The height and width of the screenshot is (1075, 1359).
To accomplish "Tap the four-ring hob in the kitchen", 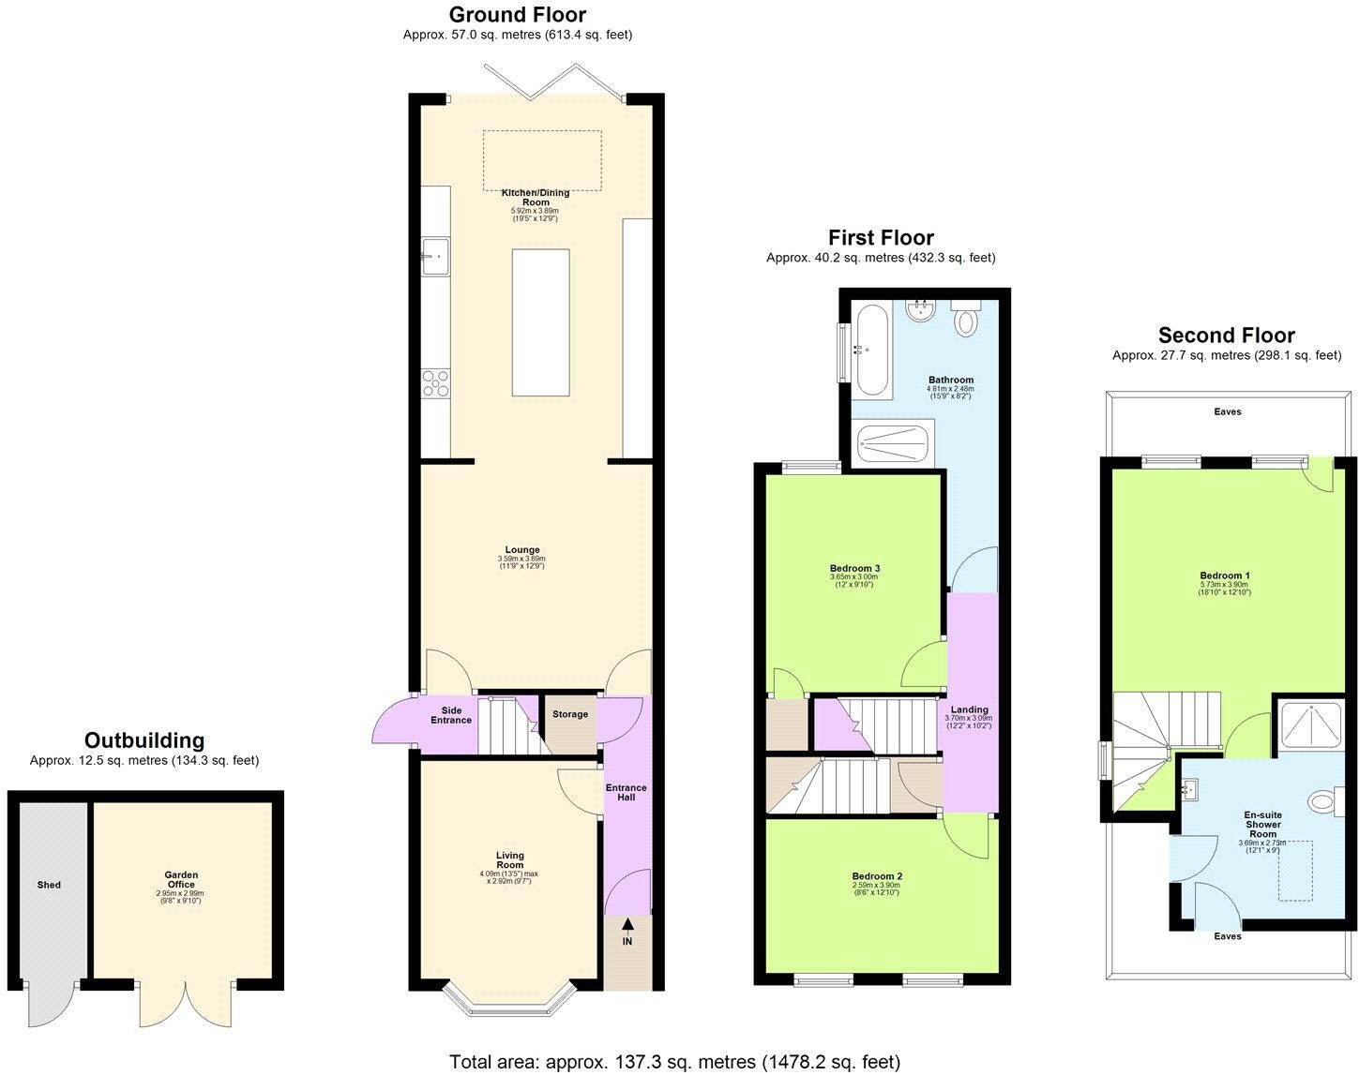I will (436, 384).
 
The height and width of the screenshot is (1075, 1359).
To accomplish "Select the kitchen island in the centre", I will (540, 322).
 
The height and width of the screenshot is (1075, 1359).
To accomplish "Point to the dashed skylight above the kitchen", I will (542, 160).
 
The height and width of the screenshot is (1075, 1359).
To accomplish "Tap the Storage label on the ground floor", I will (570, 714).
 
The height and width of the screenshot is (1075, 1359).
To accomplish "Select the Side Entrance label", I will (451, 714).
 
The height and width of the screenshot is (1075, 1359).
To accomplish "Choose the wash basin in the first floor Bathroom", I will (920, 311).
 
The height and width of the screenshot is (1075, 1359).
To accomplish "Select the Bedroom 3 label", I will (854, 568).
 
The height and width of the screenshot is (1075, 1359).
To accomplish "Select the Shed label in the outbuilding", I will (49, 885).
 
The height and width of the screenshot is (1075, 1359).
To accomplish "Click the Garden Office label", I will (181, 880).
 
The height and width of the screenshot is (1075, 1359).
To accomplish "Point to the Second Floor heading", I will (1226, 336).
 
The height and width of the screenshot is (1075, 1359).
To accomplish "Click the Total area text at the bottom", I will (674, 1062).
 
